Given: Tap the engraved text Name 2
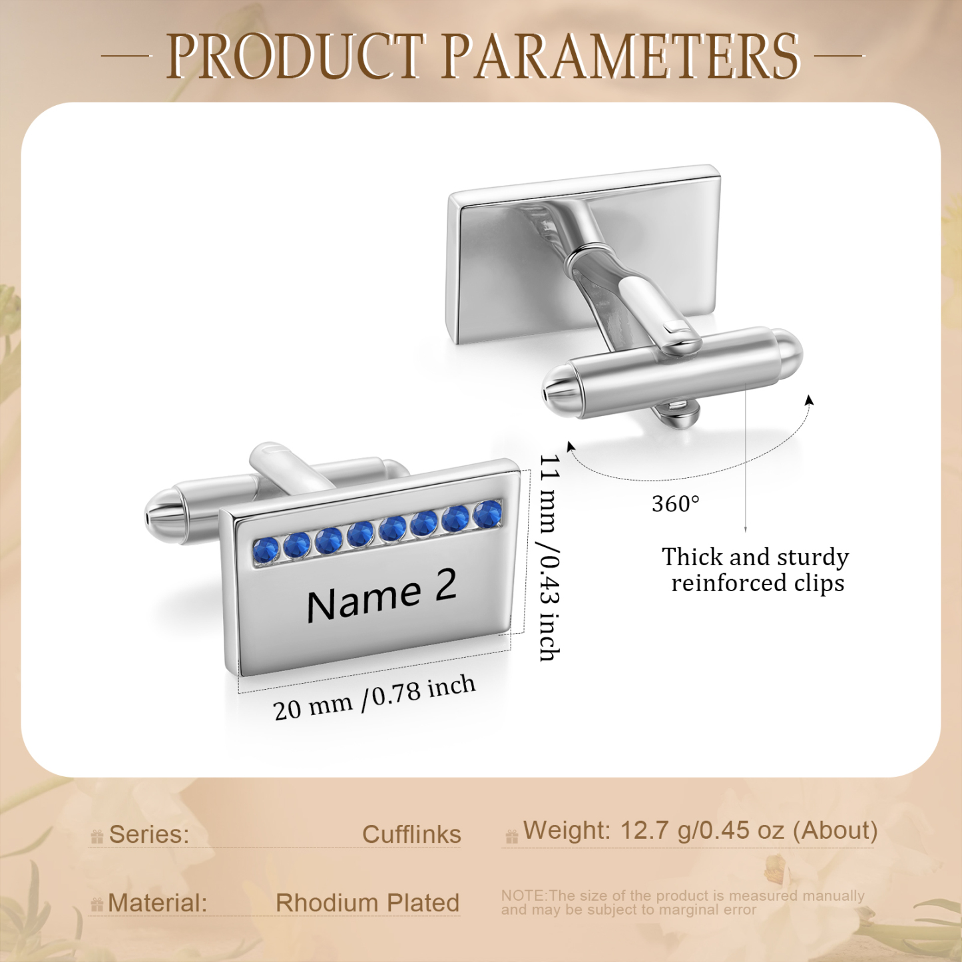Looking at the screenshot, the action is tap(381, 596).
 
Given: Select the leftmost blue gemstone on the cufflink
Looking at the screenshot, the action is tap(266, 551).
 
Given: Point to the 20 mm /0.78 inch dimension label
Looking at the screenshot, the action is tap(374, 698).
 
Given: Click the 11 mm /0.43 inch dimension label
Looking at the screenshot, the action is tap(550, 558).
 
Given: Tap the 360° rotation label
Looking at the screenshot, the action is tap(676, 504).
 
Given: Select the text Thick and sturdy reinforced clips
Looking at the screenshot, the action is tap(756, 570).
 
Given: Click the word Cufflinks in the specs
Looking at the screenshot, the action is tap(411, 835).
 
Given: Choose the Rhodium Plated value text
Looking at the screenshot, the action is tap(367, 903).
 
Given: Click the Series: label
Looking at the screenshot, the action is tap(149, 835).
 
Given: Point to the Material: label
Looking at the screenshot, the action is tap(157, 903).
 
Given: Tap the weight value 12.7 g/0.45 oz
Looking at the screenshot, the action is tap(702, 831).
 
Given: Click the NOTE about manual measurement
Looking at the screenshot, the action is tap(682, 903).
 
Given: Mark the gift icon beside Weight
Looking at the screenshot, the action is tap(512, 837).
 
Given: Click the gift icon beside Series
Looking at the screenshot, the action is tap(97, 838).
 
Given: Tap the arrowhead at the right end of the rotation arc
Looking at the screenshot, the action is tap(810, 400).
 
